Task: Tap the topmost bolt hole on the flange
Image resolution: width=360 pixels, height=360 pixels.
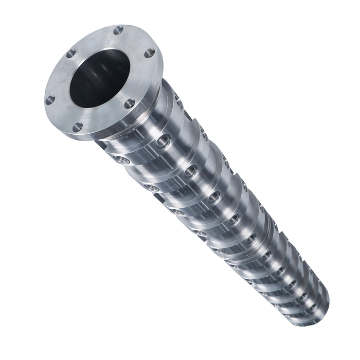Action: [x=118, y=29]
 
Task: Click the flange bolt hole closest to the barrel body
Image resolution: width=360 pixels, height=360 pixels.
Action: [x=130, y=103]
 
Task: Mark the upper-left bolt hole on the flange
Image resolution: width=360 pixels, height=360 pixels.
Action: [x=71, y=53]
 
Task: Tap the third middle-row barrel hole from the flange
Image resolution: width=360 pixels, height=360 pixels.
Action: [x=213, y=196]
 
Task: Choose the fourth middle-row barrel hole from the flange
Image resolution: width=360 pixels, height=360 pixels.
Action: [x=233, y=219]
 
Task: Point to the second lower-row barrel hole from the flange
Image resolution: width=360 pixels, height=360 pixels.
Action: [x=151, y=188]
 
